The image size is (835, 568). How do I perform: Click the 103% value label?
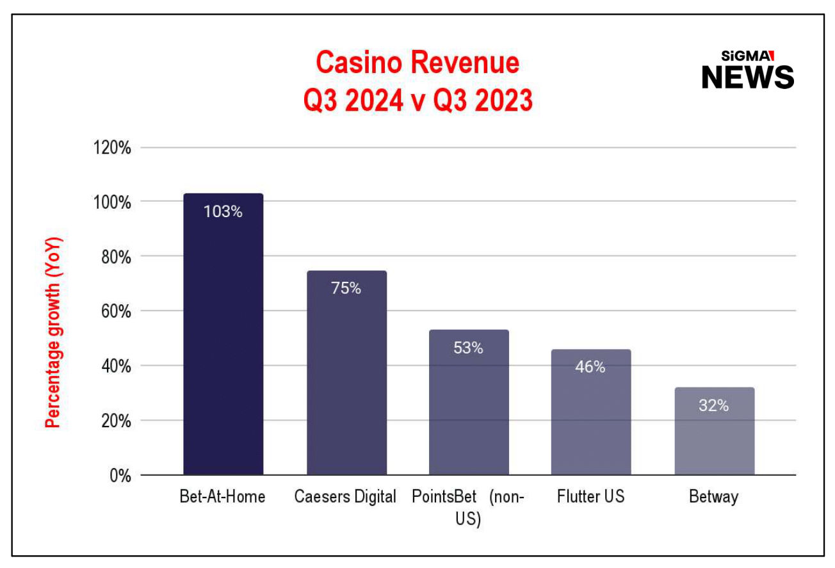pyautogui.click(x=223, y=212)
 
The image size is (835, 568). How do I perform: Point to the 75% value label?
pyautogui.click(x=346, y=288)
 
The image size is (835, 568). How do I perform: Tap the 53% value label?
pyautogui.click(x=469, y=348)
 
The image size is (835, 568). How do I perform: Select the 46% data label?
pyautogui.click(x=590, y=367)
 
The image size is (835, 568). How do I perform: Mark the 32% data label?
pyautogui.click(x=714, y=405)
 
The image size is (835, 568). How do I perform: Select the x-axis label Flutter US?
pyautogui.click(x=590, y=497)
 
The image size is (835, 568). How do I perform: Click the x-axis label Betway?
pyautogui.click(x=714, y=497)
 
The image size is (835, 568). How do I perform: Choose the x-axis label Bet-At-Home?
pyautogui.click(x=222, y=497)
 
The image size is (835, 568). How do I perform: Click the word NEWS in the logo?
pyautogui.click(x=747, y=77)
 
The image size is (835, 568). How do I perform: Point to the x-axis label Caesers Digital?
pyautogui.click(x=346, y=497)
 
